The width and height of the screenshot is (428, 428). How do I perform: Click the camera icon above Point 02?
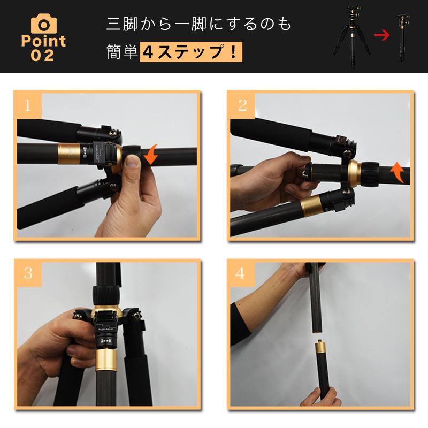[x=43, y=22]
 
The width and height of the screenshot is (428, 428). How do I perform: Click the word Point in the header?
[x=43, y=41]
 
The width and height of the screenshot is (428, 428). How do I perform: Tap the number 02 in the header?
[x=43, y=55]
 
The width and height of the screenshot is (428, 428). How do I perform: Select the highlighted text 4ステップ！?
[x=191, y=53]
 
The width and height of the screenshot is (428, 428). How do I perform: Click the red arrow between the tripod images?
[x=381, y=36]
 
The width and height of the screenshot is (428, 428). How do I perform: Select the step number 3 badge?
[x=28, y=274]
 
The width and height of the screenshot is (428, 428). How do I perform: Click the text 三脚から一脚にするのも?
[x=199, y=25]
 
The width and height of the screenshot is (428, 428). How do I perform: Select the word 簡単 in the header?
[x=123, y=53]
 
